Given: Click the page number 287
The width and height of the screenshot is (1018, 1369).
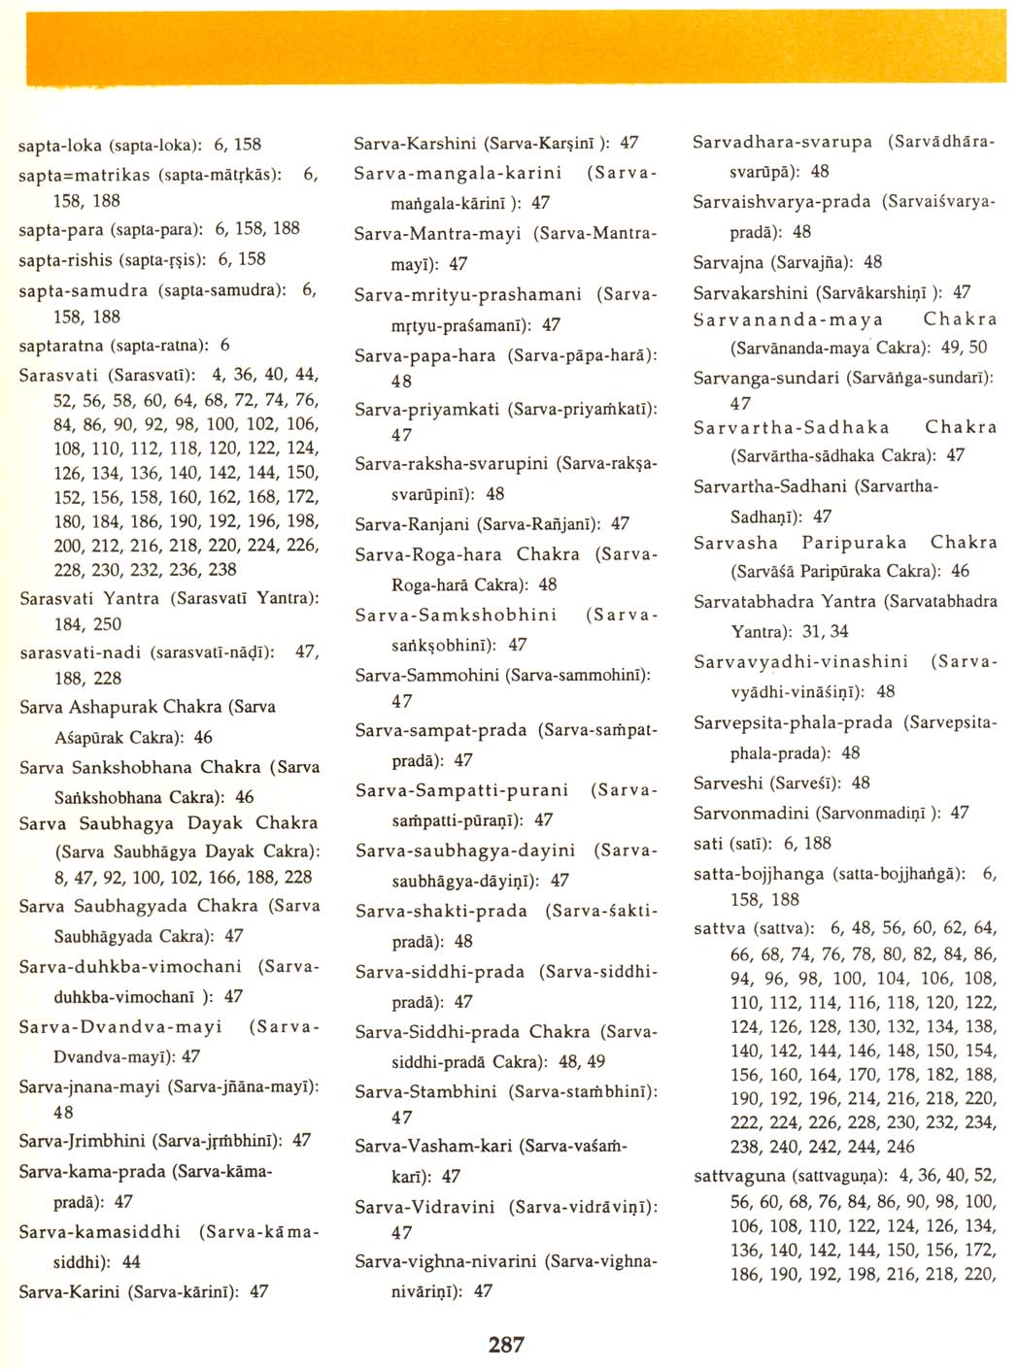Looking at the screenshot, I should pyautogui.click(x=506, y=1344).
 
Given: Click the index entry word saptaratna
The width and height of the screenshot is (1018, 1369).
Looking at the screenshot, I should pyautogui.click(x=62, y=346).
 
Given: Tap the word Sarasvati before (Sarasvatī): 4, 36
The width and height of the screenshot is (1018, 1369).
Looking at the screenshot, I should pyautogui.click(x=59, y=375).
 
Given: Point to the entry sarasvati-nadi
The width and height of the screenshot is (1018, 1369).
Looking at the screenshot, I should pyautogui.click(x=80, y=652).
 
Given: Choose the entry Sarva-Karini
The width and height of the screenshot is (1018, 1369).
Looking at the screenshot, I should pyautogui.click(x=69, y=1292).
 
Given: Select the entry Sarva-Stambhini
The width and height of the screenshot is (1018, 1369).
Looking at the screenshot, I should pyautogui.click(x=425, y=1091).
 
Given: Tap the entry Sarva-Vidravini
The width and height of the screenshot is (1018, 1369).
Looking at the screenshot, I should pyautogui.click(x=424, y=1207).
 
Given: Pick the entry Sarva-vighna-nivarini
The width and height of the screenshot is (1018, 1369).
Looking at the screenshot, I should pyautogui.click(x=445, y=1261).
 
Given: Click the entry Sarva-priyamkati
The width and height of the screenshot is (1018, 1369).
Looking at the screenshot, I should pyautogui.click(x=426, y=410).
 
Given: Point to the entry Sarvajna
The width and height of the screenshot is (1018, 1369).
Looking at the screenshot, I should pyautogui.click(x=728, y=262).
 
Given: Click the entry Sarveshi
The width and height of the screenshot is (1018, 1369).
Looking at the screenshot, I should pyautogui.click(x=727, y=783).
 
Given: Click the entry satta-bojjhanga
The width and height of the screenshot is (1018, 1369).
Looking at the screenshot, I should pyautogui.click(x=758, y=874).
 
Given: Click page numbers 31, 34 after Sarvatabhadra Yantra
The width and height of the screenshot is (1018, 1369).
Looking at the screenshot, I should pyautogui.click(x=825, y=632).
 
